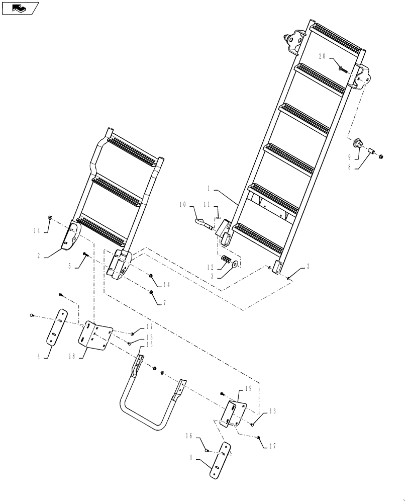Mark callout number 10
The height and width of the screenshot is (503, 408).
[182, 204]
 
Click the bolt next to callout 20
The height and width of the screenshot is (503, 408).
[342, 68]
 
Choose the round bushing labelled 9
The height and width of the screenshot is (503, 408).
[357, 143]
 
